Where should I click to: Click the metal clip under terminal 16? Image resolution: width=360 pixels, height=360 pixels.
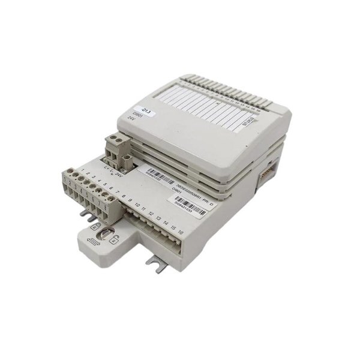coord(157,263)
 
